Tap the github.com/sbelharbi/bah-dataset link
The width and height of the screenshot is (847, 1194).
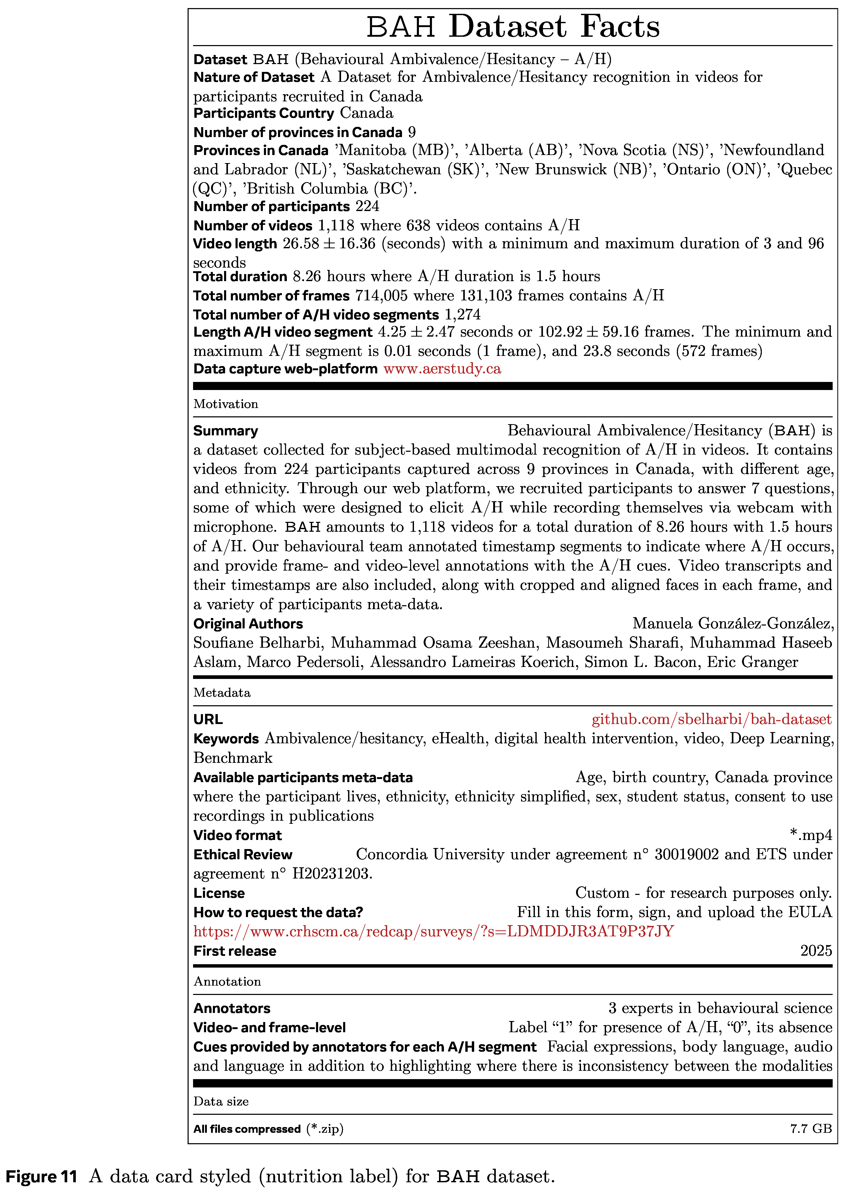click(x=712, y=720)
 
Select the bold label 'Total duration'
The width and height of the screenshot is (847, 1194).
click(x=240, y=276)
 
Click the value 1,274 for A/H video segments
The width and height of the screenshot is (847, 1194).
click(x=463, y=315)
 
